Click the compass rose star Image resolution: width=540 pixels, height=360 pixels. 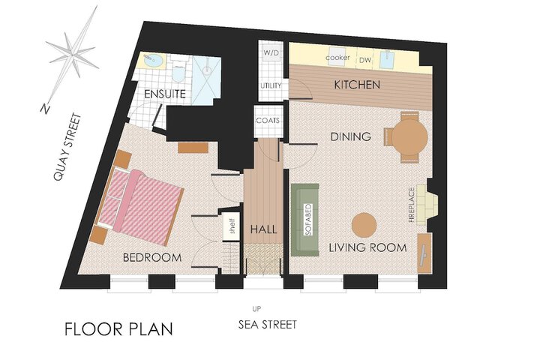pyautogui.click(x=73, y=55)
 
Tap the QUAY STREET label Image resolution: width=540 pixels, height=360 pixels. pyautogui.click(x=67, y=147)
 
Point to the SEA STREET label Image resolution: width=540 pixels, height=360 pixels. pyautogui.click(x=268, y=325)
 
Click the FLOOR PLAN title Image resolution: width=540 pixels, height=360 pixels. pyautogui.click(x=118, y=329)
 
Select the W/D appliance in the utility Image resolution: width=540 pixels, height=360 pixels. pyautogui.click(x=271, y=53)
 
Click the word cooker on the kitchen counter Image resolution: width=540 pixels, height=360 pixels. pyautogui.click(x=337, y=58)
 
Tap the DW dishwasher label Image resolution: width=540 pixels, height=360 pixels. pyautogui.click(x=365, y=60)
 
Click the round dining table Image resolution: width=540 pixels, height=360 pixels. pyautogui.click(x=409, y=136)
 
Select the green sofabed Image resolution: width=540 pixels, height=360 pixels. pyautogui.click(x=304, y=220)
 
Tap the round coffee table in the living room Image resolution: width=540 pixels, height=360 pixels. pyautogui.click(x=364, y=225)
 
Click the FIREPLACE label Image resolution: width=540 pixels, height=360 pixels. pyautogui.click(x=412, y=205)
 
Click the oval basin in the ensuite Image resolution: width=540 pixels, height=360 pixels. pyautogui.click(x=153, y=61)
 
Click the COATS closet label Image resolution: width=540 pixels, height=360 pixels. pyautogui.click(x=268, y=121)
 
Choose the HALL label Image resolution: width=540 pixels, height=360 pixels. pyautogui.click(x=263, y=229)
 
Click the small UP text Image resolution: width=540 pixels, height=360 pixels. pyautogui.click(x=256, y=309)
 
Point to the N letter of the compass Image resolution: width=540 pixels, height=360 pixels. pyautogui.click(x=45, y=109)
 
